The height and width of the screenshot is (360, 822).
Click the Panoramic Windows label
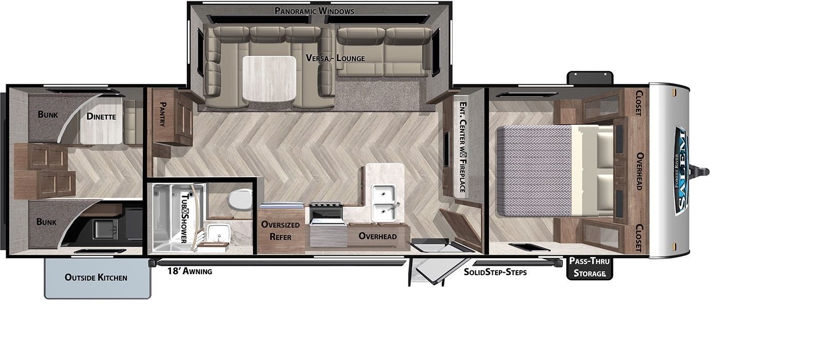pyautogui.click(x=314, y=11)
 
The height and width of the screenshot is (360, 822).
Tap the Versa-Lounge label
pyautogui.click(x=335, y=58)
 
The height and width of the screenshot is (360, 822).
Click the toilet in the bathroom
pyautogui.click(x=240, y=199)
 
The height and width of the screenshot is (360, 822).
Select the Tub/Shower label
pyautogui.click(x=184, y=218)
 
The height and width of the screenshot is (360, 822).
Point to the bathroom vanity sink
pyautogui.click(x=219, y=233)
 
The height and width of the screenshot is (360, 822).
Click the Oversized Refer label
pyautogui.click(x=281, y=231)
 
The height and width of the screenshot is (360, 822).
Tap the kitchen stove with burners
pyautogui.click(x=326, y=214)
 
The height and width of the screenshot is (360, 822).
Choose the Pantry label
pyautogui.click(x=162, y=114)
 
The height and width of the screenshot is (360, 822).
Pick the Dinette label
pyautogui.click(x=101, y=117)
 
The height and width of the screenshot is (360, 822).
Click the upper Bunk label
pyautogui.click(x=48, y=115)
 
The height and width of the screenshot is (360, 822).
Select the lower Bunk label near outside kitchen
pyautogui.click(x=47, y=222)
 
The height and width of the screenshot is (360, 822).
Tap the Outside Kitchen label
pyautogui.click(x=96, y=277)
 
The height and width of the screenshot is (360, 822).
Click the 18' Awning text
pyautogui.click(x=190, y=271)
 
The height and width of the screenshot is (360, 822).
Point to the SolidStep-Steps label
pyautogui.click(x=495, y=272)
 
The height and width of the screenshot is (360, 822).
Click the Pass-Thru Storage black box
pyautogui.click(x=589, y=268)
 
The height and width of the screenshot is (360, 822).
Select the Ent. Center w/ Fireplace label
pyautogui.click(x=463, y=147)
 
